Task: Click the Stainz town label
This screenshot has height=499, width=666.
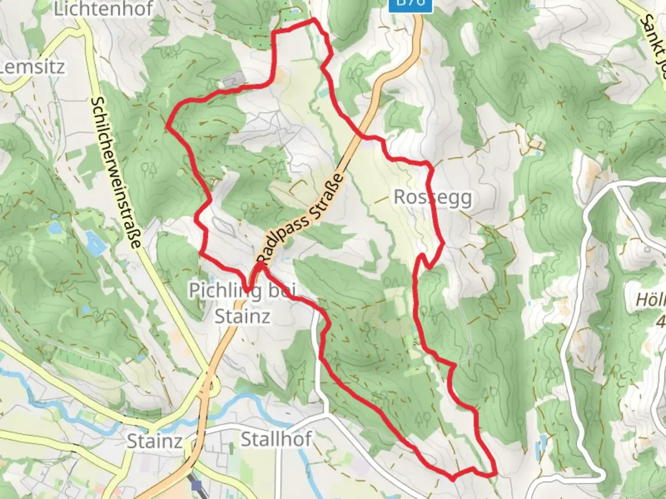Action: click(x=154, y=441)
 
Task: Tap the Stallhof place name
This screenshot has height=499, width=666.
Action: click(x=276, y=439)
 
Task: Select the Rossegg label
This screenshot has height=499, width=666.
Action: click(x=433, y=197)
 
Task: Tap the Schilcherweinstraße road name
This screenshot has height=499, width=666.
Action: click(x=116, y=173)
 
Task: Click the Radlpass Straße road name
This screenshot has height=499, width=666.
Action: click(x=301, y=217)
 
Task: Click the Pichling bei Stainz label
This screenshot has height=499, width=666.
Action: click(x=242, y=303)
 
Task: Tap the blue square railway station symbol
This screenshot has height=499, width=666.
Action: click(x=198, y=486)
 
